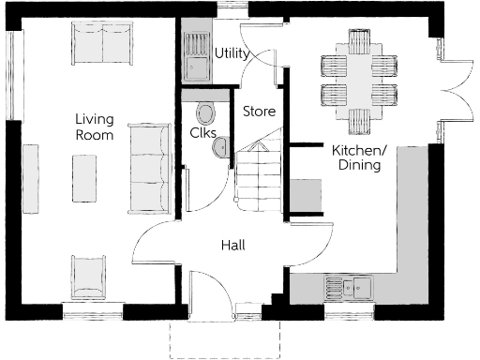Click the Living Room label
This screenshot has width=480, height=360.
coord(96,127)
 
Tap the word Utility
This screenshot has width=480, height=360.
coord(232,53)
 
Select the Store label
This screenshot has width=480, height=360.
coord(259,112)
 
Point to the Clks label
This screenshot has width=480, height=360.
coord(203,134)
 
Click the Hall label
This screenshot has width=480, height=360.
coord(232,245)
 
